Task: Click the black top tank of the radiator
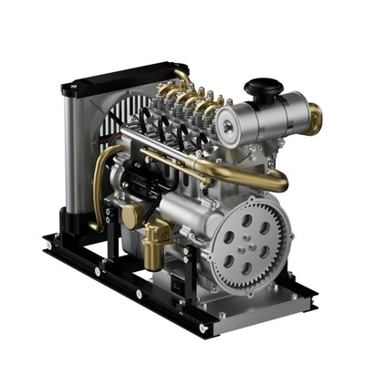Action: [109, 80]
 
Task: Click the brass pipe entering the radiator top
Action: [183, 80]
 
